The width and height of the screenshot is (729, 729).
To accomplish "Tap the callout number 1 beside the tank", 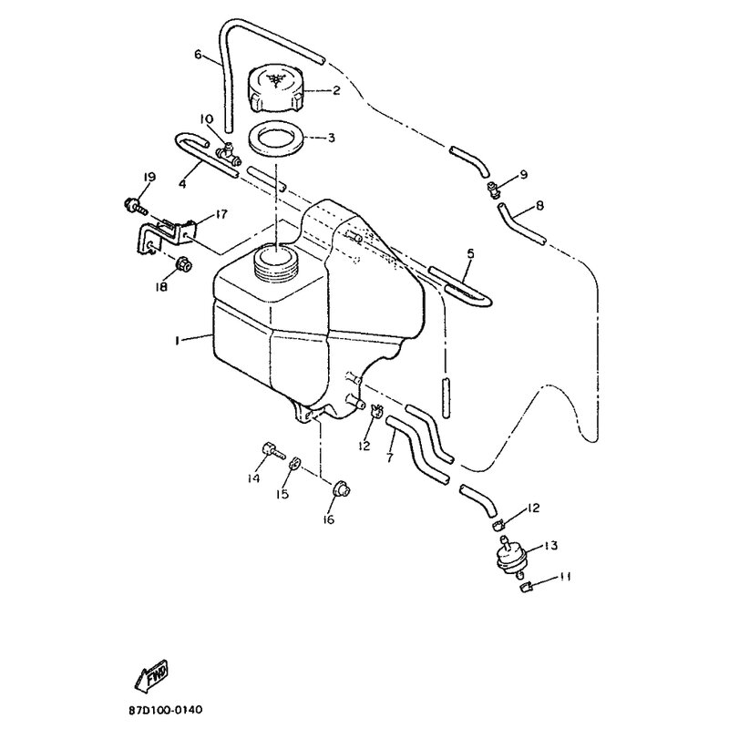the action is pos(177,341).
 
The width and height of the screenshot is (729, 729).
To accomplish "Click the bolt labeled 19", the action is pos(135,207).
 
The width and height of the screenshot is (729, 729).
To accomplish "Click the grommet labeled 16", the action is pos(342,489).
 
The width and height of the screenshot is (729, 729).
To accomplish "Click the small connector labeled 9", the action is pos(493,189).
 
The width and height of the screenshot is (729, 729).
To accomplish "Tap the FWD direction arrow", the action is pos(151,673).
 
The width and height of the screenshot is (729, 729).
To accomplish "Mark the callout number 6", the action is pos(199,55).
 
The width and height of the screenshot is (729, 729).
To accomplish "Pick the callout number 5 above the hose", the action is pos(470,254).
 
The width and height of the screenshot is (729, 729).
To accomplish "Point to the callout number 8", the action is pos(539,205).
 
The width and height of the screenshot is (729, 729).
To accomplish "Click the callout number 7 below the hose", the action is pos(390,457).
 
